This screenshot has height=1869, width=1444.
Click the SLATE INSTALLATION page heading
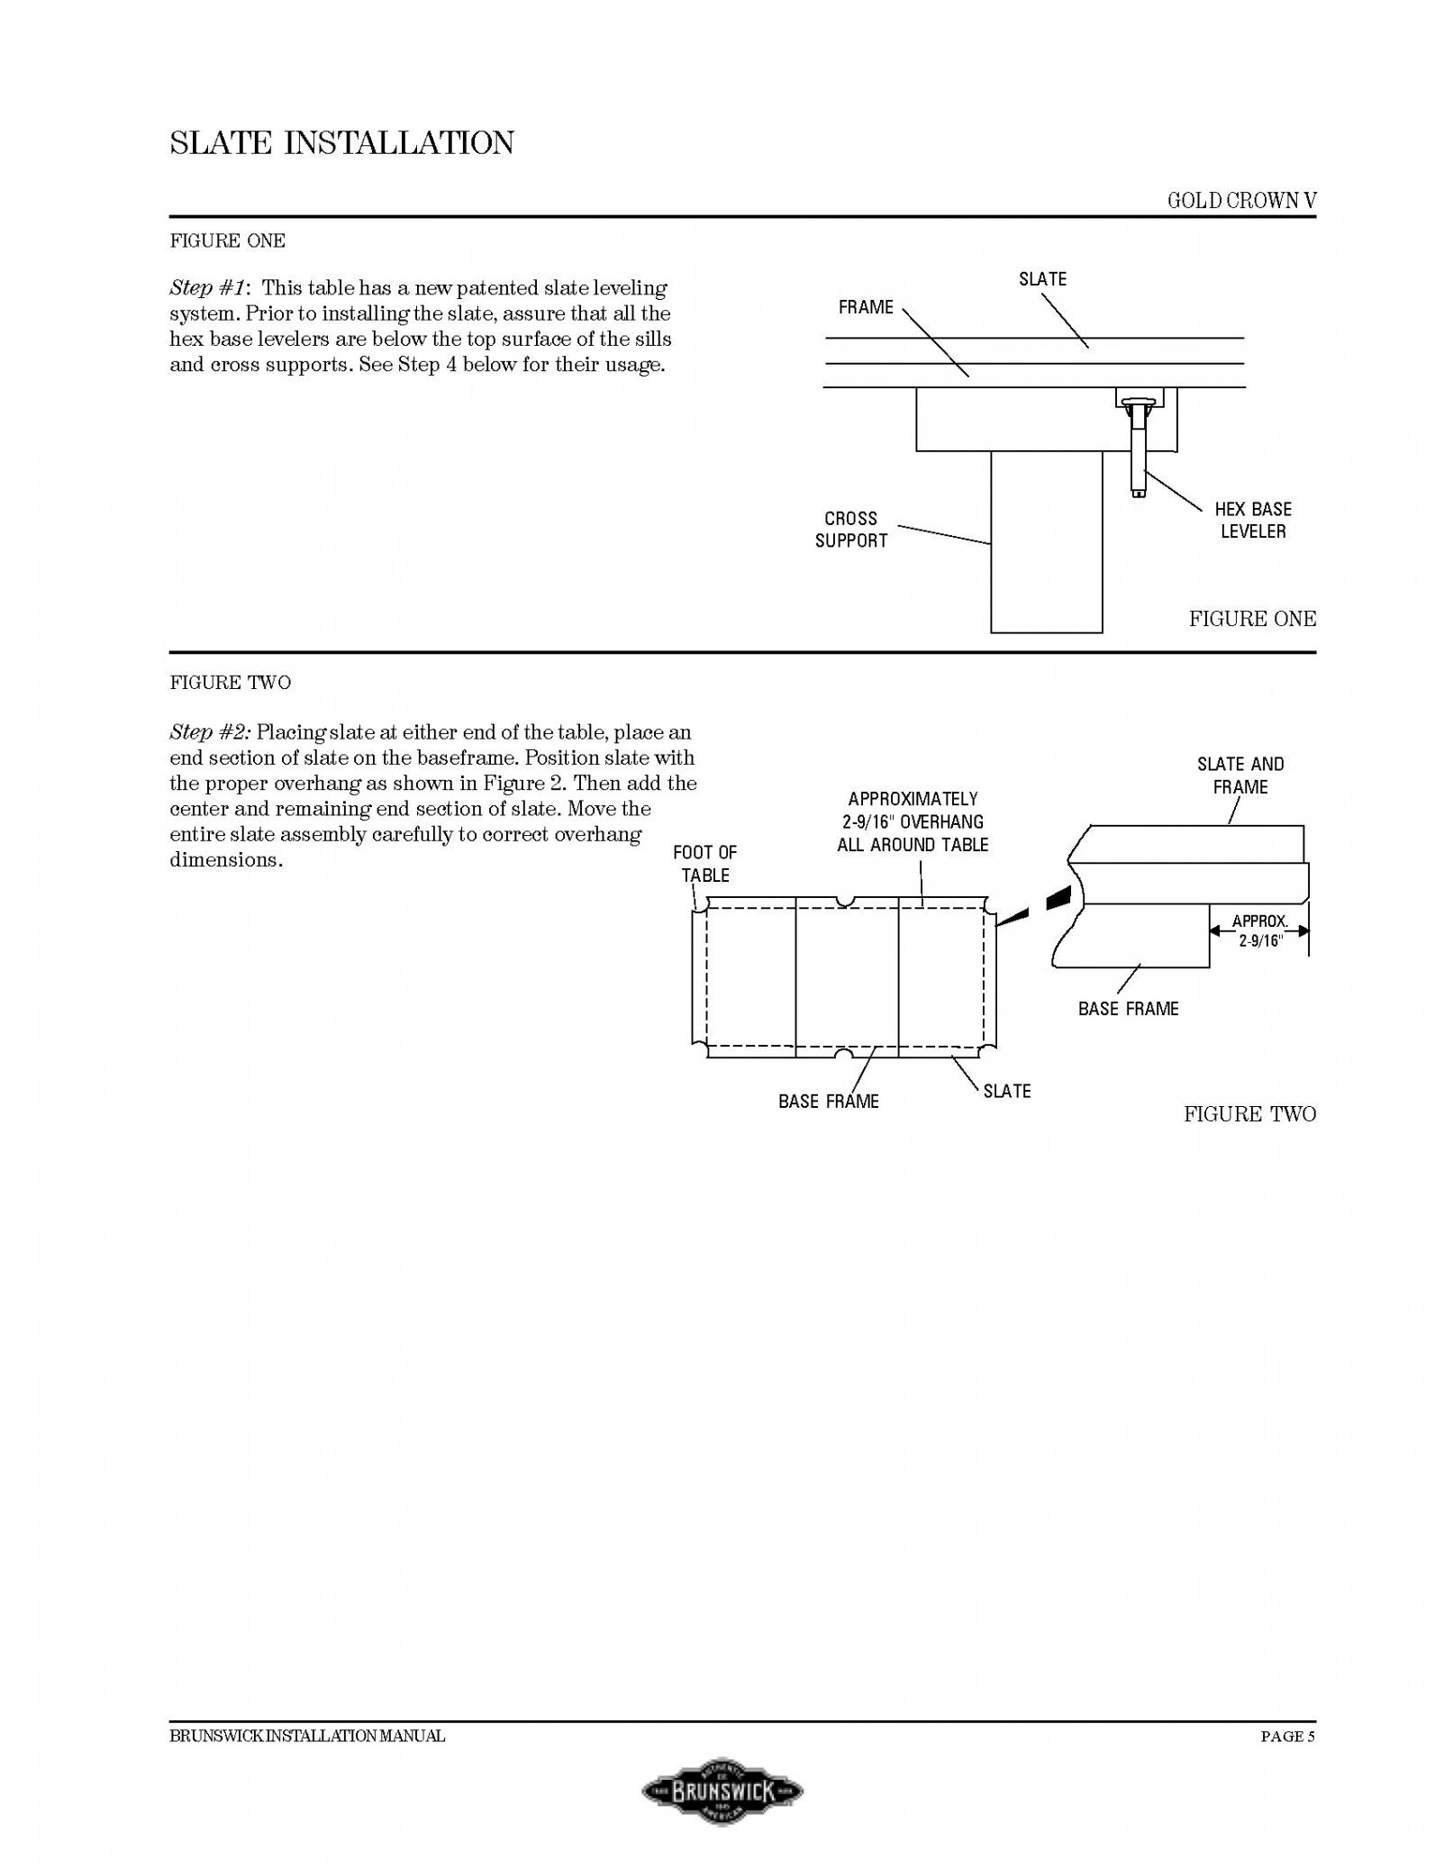pyautogui.click(x=341, y=142)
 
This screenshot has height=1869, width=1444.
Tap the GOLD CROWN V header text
pyautogui.click(x=1241, y=201)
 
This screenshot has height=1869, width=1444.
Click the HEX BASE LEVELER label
pyautogui.click(x=1253, y=521)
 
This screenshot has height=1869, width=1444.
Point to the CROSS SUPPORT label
pyautogui.click(x=851, y=530)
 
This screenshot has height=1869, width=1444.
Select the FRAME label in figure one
pyautogui.click(x=866, y=307)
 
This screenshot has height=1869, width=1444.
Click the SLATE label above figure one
pyautogui.click(x=1042, y=279)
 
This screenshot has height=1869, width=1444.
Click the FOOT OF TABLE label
pyautogui.click(x=704, y=864)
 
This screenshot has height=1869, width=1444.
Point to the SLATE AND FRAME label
pyautogui.click(x=1240, y=776)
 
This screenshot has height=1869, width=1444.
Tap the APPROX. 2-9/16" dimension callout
pyautogui.click(x=1259, y=931)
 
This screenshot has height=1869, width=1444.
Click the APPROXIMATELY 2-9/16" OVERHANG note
pyautogui.click(x=913, y=821)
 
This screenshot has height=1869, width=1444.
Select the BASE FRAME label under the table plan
pyautogui.click(x=829, y=1101)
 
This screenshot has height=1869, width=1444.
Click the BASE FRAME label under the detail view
pyautogui.click(x=1128, y=1009)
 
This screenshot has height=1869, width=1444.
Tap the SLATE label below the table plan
pyautogui.click(x=1007, y=1091)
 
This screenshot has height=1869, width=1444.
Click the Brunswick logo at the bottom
pyautogui.click(x=722, y=1791)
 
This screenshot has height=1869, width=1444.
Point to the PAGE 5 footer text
pyautogui.click(x=1288, y=1736)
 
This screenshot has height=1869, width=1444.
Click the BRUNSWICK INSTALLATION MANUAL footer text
pyautogui.click(x=307, y=1736)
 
